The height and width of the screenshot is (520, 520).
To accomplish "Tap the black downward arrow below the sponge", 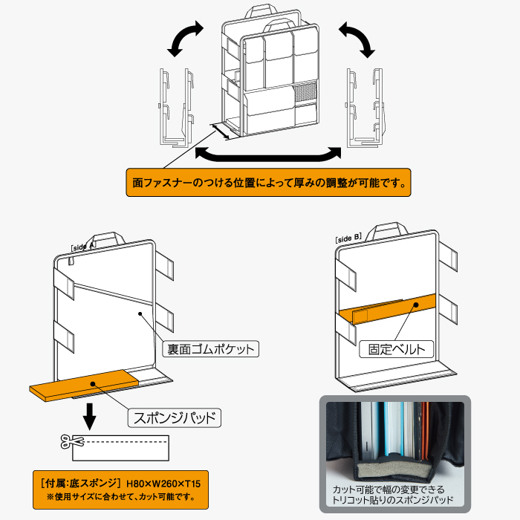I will coord(90,416).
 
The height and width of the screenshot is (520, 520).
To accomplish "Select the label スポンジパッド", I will coord(175,417).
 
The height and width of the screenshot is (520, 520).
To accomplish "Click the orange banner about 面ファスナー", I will coord(268,181).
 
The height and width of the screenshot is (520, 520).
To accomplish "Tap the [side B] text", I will coord(348,238).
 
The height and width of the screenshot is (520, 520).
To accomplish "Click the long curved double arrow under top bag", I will coord(267,155).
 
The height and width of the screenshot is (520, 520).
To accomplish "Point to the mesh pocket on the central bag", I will coord(305,94).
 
